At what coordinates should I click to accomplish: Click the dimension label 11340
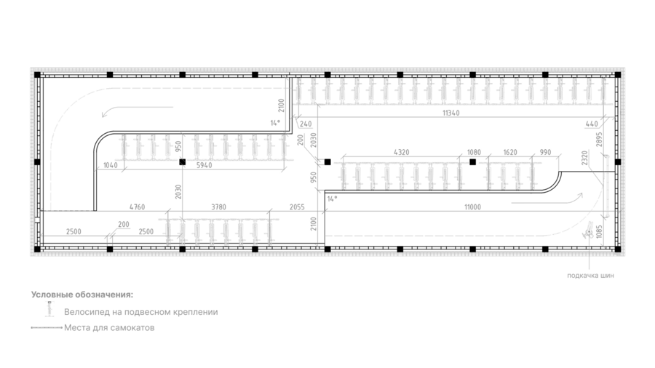pos(450,113)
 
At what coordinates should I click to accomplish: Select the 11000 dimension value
pos(472,207)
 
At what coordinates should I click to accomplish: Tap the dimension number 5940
pos(204,165)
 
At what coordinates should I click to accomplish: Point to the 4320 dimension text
pos(402,152)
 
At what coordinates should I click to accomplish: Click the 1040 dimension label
pos(111,165)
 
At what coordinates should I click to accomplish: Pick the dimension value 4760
pos(137,207)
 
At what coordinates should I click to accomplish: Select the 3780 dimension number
pos(218,207)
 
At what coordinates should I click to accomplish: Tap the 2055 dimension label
pos(297,207)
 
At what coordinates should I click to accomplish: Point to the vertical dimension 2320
pos(584,158)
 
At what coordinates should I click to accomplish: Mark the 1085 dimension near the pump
pos(600,232)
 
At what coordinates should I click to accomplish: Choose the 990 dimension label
pos(545,152)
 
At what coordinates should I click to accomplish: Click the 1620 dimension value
pos(510,152)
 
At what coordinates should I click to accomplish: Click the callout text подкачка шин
pos(590,276)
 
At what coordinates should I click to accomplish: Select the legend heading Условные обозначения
pos(82,295)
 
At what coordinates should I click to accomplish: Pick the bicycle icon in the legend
pos(50,309)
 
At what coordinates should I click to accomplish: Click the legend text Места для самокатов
pos(109,327)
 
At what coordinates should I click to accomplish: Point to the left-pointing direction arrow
pos(137,110)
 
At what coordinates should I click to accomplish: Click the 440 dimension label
pos(592,124)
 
